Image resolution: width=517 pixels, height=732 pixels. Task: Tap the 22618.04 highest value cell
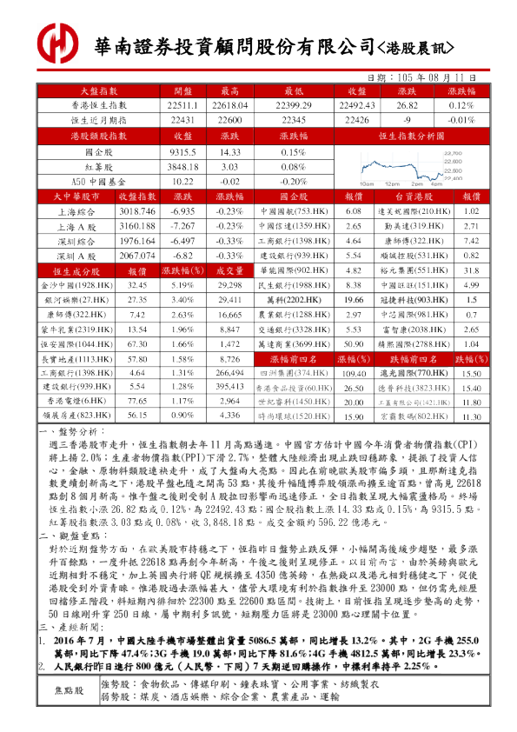tap(230, 104)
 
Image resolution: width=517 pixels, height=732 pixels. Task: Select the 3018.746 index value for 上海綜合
tap(136, 211)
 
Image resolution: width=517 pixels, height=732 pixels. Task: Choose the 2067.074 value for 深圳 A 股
tap(136, 256)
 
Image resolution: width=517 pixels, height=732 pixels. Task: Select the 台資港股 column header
tap(413, 196)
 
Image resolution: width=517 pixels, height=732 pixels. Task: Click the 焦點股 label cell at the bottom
tap(69, 690)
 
